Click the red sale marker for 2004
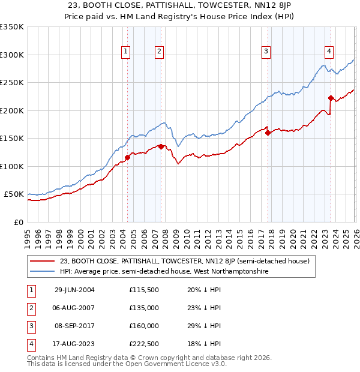(x=127, y=158)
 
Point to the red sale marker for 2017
(x=268, y=133)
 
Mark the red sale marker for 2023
(x=331, y=98)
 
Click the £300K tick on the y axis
(x=12, y=55)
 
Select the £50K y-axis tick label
(x=14, y=194)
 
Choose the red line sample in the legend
(x=42, y=261)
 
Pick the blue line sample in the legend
(x=42, y=272)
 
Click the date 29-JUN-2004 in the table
(x=74, y=290)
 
